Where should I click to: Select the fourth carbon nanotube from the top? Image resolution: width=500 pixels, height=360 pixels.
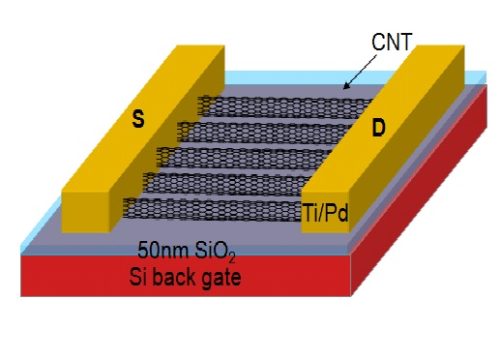(232, 181)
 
